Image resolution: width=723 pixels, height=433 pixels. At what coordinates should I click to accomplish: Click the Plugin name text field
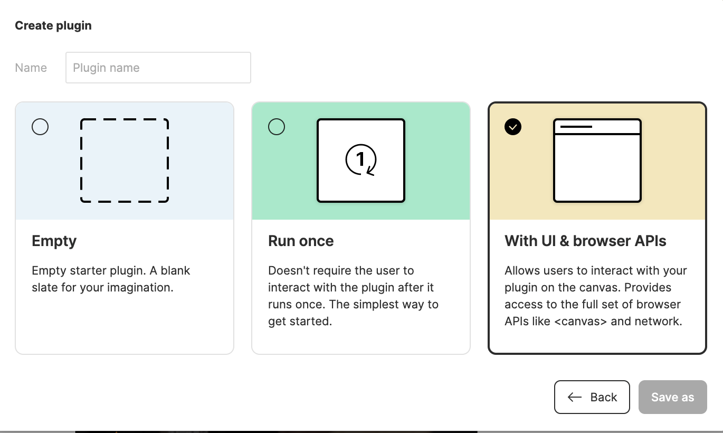tap(158, 68)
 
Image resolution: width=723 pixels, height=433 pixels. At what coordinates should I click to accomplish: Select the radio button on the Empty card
tap(40, 127)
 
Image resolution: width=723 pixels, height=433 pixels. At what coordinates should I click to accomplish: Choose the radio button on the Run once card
tap(277, 127)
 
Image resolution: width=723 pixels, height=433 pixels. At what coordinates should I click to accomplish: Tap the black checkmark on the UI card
tap(513, 127)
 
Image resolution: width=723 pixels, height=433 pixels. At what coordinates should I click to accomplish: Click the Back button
tap(592, 397)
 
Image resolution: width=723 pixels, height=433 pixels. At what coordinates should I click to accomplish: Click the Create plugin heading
tap(53, 25)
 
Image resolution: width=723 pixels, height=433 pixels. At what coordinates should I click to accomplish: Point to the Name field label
tap(31, 68)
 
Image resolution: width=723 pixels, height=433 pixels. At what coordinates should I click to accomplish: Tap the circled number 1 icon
tap(361, 159)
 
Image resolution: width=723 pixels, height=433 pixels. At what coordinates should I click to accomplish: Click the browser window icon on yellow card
tap(597, 161)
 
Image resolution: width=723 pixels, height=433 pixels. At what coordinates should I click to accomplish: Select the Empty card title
tap(54, 241)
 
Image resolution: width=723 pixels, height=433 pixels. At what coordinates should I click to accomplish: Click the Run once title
tap(301, 241)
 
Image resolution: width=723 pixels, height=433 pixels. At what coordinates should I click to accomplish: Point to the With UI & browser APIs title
tap(585, 241)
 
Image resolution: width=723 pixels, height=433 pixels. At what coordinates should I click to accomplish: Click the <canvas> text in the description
tap(581, 321)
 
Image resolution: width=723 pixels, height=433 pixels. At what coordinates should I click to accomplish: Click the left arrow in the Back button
tap(575, 397)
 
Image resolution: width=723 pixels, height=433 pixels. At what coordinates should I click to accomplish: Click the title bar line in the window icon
tap(576, 127)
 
